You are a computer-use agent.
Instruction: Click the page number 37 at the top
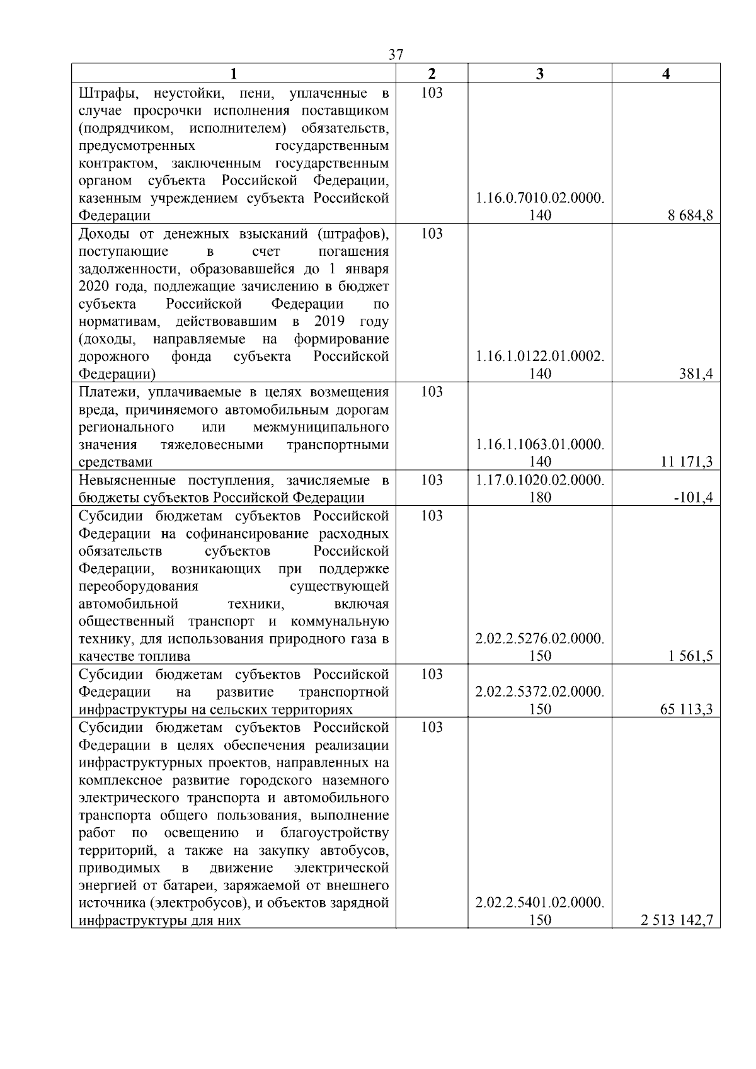[x=396, y=55]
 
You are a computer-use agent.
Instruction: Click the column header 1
[x=234, y=74]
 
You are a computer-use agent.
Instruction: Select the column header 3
[x=539, y=74]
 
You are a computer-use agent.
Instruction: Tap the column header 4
[x=666, y=74]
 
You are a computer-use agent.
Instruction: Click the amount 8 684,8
[x=690, y=215]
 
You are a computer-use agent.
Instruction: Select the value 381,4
[x=697, y=374]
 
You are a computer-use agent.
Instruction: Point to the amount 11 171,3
[x=689, y=462]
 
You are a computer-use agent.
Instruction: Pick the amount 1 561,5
[x=690, y=656]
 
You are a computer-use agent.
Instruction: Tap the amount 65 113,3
[x=686, y=709]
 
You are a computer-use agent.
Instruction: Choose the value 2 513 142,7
[x=677, y=921]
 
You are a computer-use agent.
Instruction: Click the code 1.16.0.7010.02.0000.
[x=540, y=198]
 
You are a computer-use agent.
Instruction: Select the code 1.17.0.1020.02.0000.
[x=540, y=480]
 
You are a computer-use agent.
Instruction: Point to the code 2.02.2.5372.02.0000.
[x=540, y=692]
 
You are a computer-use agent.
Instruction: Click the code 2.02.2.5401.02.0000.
[x=540, y=903]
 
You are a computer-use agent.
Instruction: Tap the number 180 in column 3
[x=540, y=498]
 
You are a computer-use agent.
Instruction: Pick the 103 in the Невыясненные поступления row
[x=432, y=481]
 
